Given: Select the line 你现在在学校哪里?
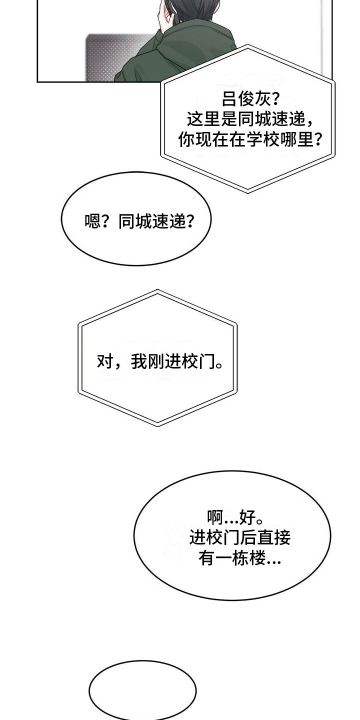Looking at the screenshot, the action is pos(250,139).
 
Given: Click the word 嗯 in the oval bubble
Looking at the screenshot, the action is pos(92,221).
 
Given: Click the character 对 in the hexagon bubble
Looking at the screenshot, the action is pos(105,361).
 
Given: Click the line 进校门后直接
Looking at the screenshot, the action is pos(240,537).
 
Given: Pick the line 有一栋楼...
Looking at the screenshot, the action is pos(232,558).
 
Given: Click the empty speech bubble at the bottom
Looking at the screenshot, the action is pos(142,690).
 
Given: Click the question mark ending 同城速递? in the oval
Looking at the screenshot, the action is pos(190,221).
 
